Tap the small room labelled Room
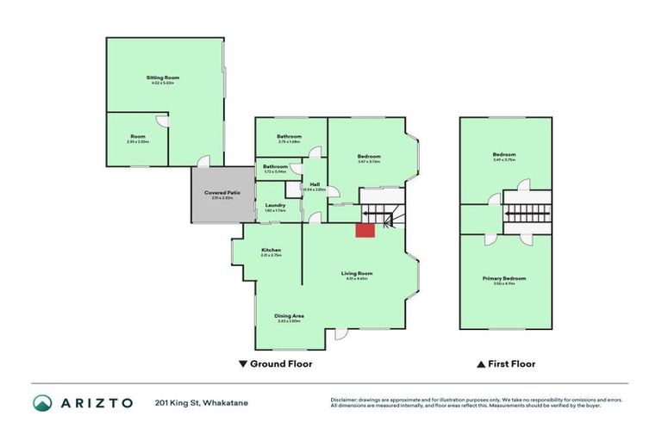coord(139,136)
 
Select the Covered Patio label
coord(222,192)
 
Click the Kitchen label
coord(272,251)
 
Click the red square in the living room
coord(365,229)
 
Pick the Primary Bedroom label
coord(504,278)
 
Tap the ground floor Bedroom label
coord(369,156)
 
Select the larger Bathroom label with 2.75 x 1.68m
coord(289,137)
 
